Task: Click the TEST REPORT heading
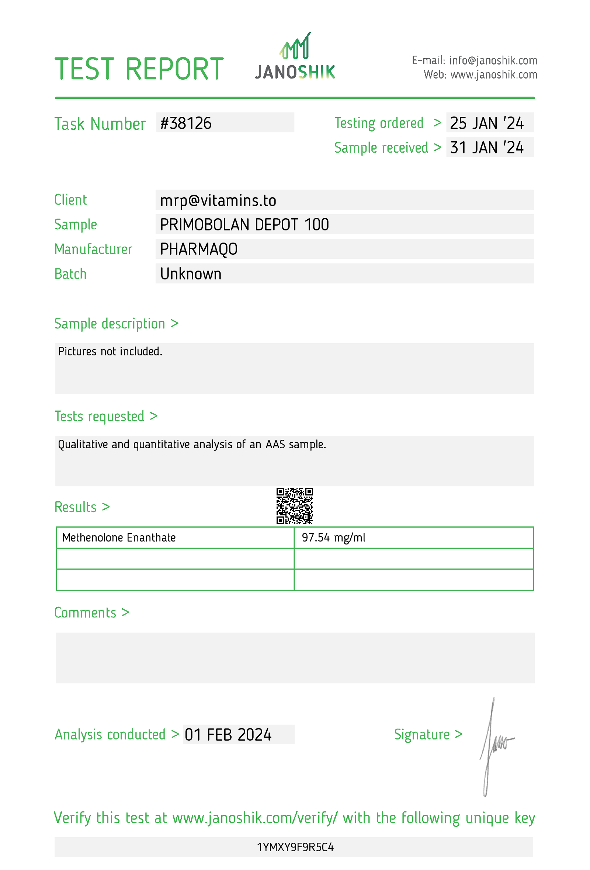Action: pos(139,69)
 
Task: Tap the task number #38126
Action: pos(186,123)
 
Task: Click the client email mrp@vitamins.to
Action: pos(218,200)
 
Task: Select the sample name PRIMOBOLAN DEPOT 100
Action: pos(244,225)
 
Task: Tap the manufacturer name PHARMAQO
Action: pos(198,249)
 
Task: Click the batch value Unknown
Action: pos(191,274)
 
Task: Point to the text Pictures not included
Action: pos(110,352)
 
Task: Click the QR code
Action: pos(295,506)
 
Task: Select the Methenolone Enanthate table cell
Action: pos(119,537)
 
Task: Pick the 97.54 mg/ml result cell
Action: pos(333,537)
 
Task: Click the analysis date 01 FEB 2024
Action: pos(228,735)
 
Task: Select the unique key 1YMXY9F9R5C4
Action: pos(295,847)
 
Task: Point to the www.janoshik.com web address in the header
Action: pos(493,75)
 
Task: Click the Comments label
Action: pos(85,613)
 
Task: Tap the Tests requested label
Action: pos(99,416)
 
